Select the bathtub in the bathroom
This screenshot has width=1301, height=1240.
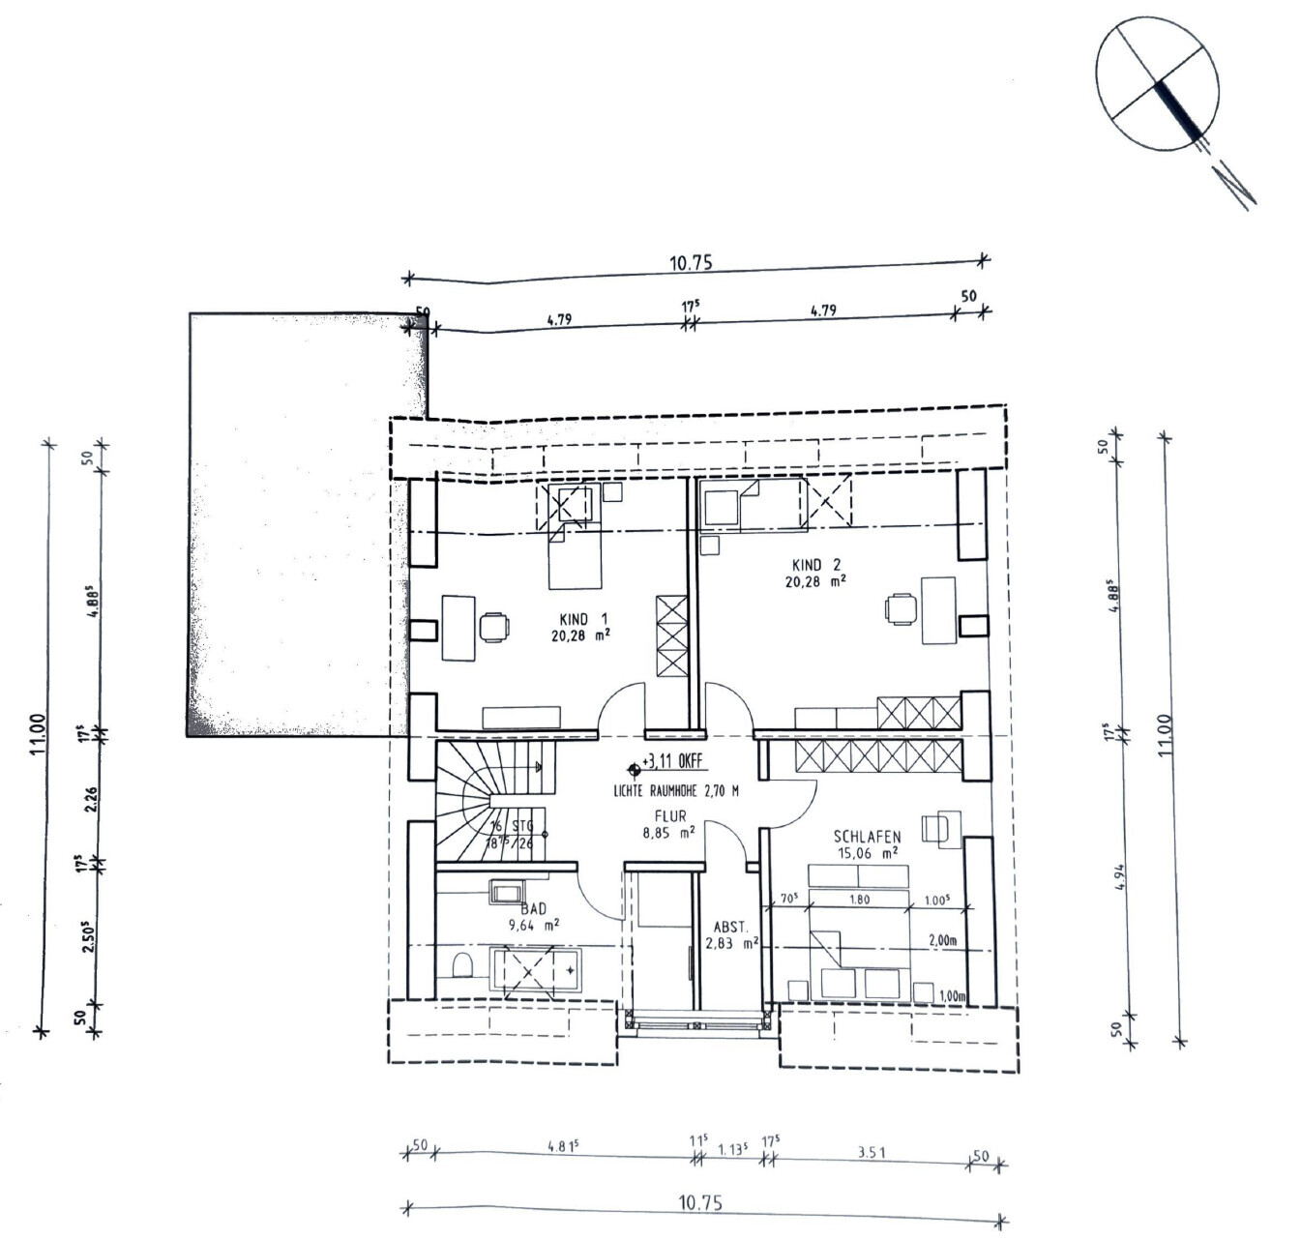[537, 967]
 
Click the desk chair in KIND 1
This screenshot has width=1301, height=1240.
[494, 627]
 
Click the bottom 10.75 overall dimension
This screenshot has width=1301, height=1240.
[700, 1203]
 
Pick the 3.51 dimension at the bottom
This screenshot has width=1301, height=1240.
[871, 1152]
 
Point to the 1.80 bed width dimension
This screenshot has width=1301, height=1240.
[858, 900]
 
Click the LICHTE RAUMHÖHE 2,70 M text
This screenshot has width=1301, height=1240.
[675, 791]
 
